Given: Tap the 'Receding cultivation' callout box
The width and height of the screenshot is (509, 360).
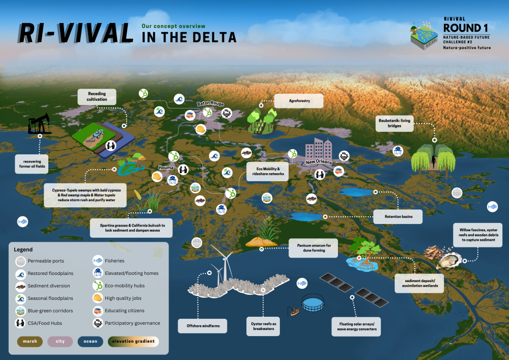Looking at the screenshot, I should pos(97,96).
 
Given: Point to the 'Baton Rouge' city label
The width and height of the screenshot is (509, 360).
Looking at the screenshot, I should pos(210,103).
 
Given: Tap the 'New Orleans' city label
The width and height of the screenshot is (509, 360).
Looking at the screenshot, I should pos(319,162).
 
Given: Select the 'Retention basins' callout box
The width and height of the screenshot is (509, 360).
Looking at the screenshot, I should pos(398,216).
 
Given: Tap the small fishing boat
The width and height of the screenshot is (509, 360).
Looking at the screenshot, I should pos(294,311).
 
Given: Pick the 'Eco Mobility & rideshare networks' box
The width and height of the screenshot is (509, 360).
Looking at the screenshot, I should pos(267,170).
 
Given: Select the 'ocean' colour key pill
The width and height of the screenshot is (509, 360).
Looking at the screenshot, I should pos(90,341).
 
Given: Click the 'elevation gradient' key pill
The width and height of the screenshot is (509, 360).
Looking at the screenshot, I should pos(134,341).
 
